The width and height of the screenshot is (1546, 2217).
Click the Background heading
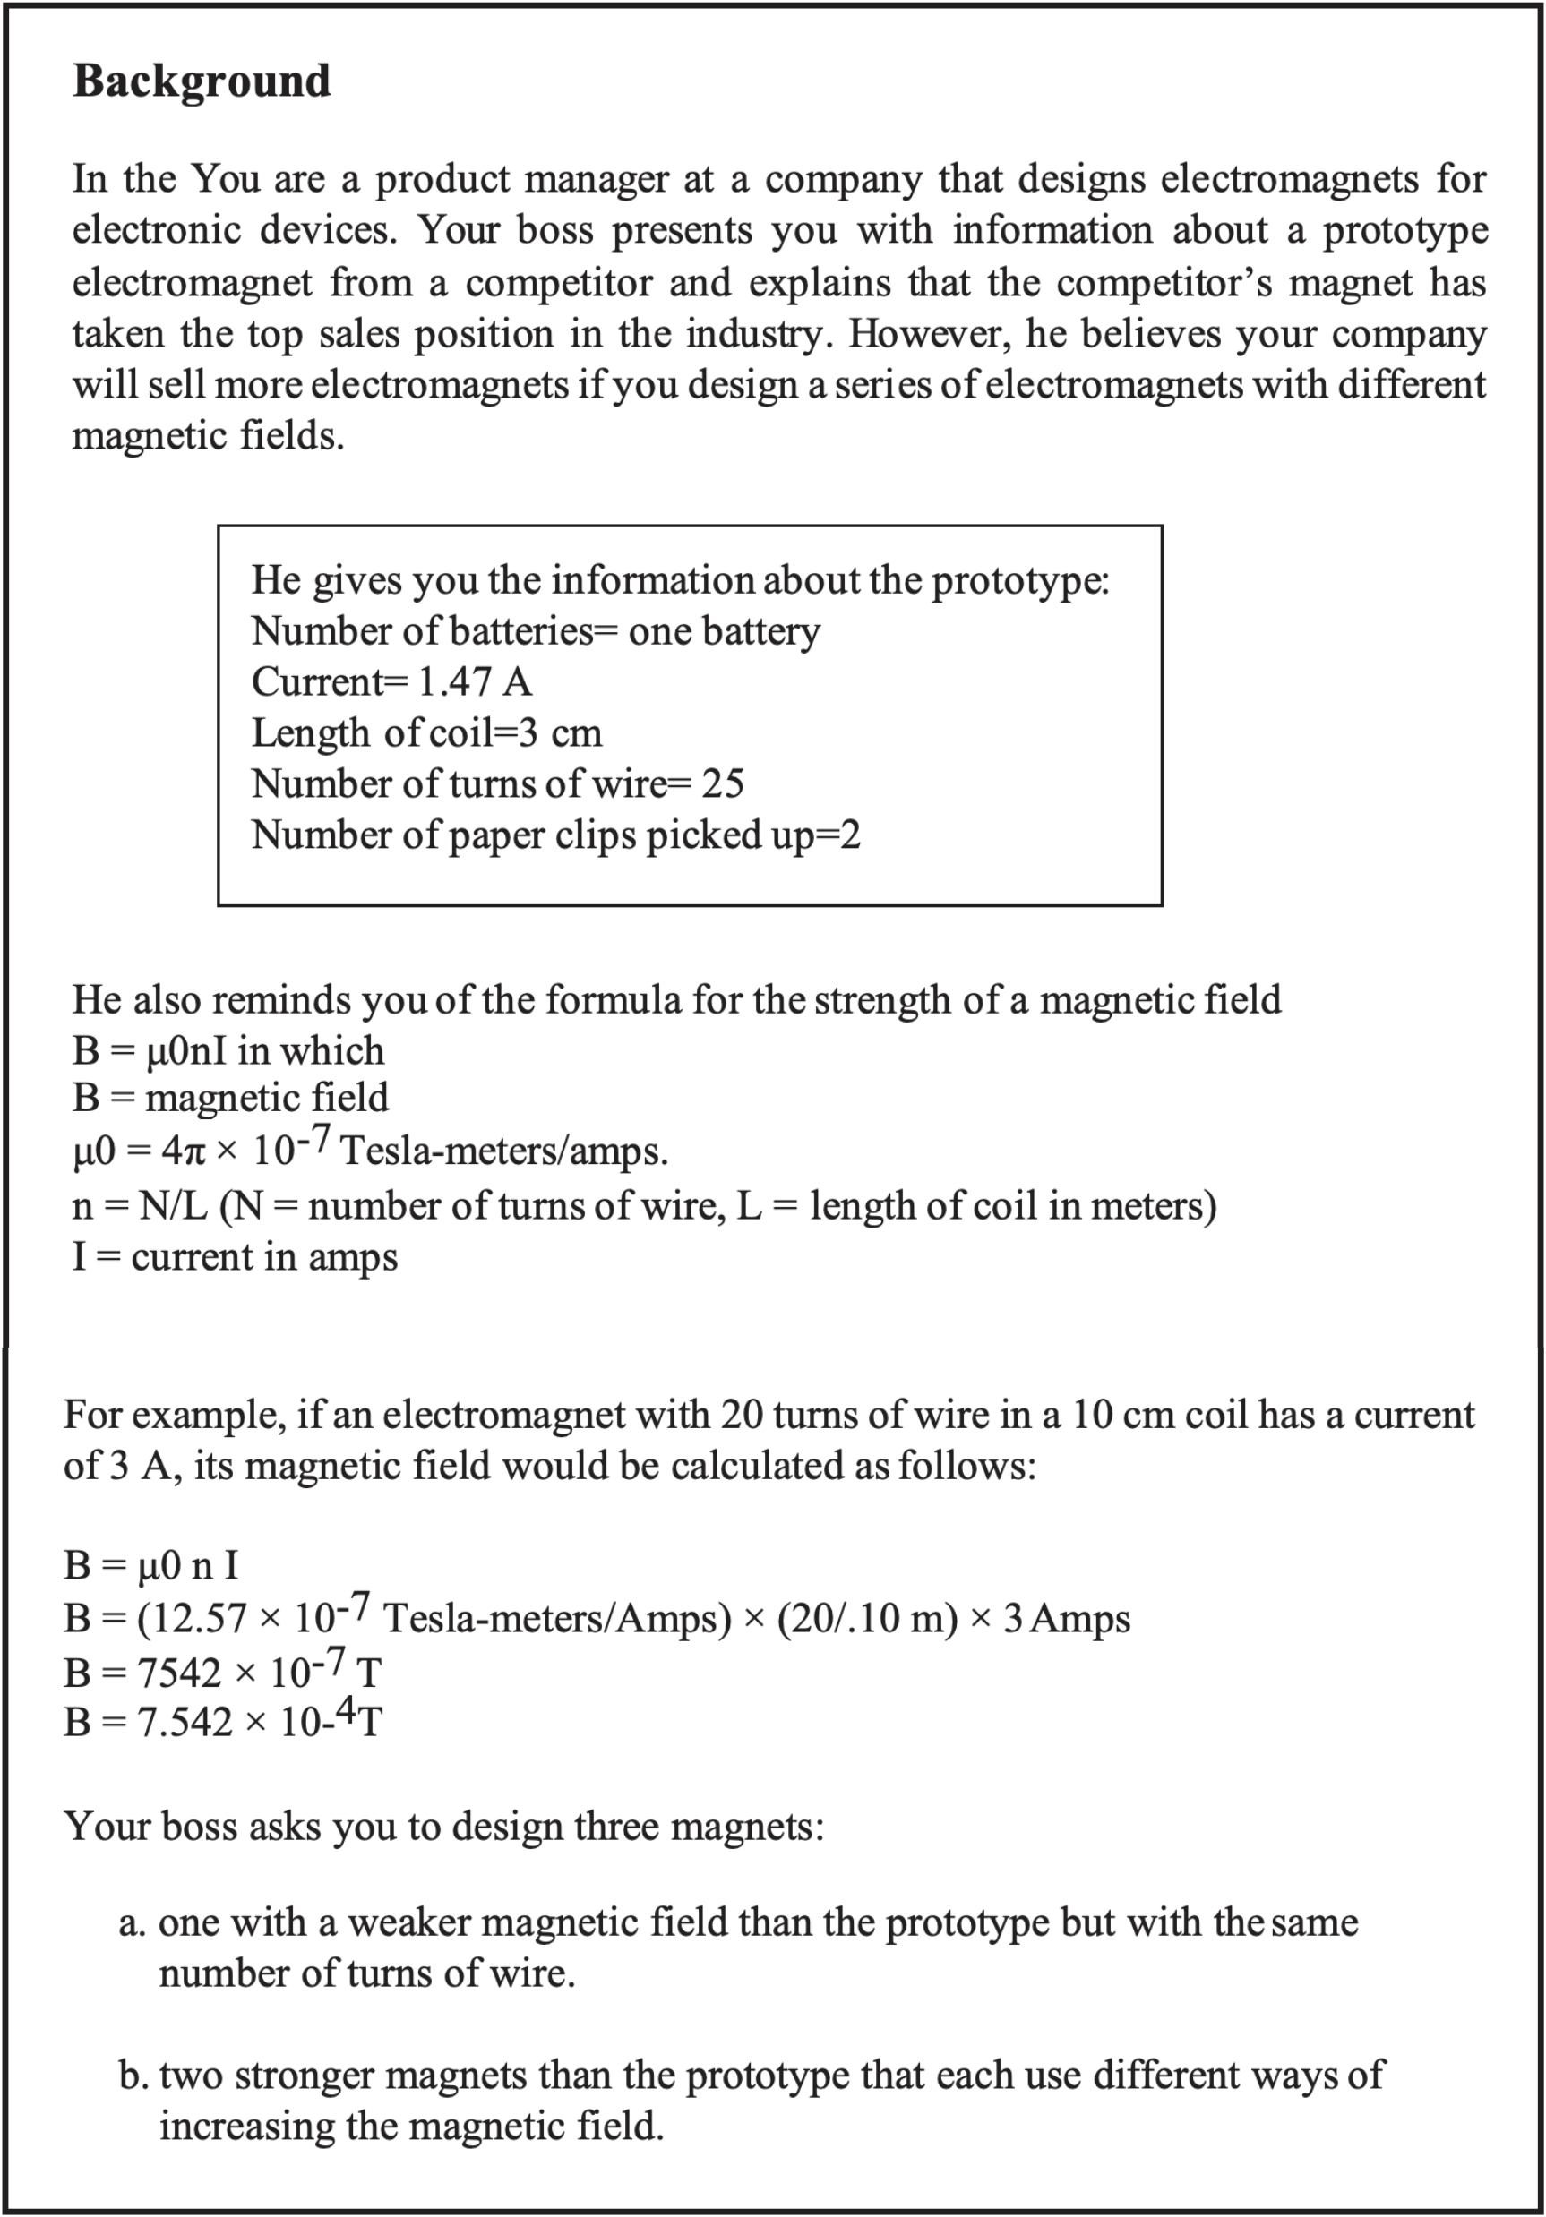(201, 81)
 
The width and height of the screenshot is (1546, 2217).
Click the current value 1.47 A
(474, 682)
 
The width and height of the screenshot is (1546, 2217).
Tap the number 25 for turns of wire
(722, 784)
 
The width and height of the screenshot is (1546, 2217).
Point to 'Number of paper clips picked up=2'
(555, 835)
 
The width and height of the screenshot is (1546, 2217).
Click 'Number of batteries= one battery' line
(535, 631)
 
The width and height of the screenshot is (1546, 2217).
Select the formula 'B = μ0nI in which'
(228, 1050)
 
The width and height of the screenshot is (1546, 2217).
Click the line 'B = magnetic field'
(230, 1098)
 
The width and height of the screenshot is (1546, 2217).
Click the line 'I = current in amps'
(235, 1257)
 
